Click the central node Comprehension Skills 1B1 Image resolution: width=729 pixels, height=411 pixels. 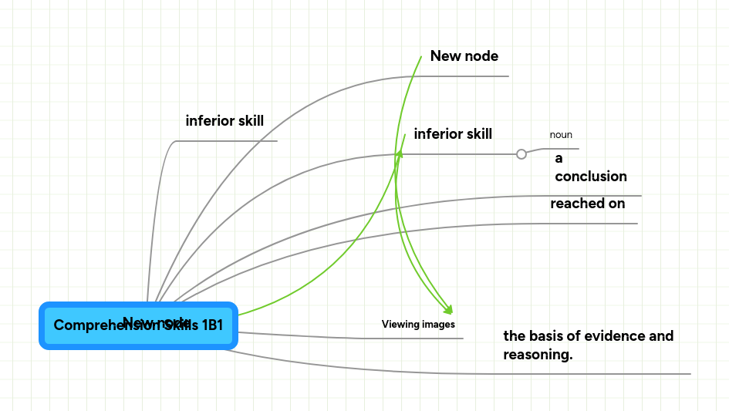click(x=138, y=325)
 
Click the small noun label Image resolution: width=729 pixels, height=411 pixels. click(x=561, y=135)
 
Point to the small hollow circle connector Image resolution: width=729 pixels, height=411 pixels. click(x=521, y=154)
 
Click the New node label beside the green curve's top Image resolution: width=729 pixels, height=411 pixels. click(x=464, y=56)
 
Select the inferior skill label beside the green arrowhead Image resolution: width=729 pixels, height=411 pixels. click(x=453, y=134)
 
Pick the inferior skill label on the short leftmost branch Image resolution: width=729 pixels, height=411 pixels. click(x=224, y=121)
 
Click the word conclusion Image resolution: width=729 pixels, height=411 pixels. click(x=591, y=177)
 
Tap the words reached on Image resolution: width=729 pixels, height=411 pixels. click(x=587, y=204)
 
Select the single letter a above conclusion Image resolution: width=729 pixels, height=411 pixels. click(x=559, y=159)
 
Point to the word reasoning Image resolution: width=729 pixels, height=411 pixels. click(x=538, y=355)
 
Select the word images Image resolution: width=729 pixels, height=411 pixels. click(x=437, y=325)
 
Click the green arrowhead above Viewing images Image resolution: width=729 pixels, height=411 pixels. click(x=447, y=310)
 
